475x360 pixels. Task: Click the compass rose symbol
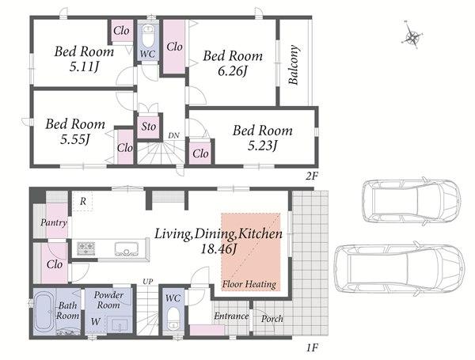[x=412, y=38]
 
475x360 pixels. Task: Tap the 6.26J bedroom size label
[x=232, y=71]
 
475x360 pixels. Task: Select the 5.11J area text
[x=84, y=67]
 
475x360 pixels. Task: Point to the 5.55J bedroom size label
[x=75, y=139]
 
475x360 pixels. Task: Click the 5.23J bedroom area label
[x=262, y=146]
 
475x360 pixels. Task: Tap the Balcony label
[x=293, y=65]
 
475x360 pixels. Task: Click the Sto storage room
[x=149, y=127]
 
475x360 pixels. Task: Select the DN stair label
[x=173, y=135]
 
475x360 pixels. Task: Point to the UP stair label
[x=148, y=282]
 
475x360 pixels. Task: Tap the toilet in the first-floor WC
[x=173, y=321]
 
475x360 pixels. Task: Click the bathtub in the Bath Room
[x=44, y=311]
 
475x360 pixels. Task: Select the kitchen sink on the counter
[x=127, y=248]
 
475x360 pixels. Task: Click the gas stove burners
[x=86, y=248]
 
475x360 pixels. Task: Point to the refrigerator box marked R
[x=82, y=201]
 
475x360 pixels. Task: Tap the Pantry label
[x=54, y=223]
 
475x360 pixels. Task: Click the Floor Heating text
[x=249, y=284]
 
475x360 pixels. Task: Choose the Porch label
[x=272, y=319]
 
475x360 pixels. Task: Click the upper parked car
[x=412, y=201]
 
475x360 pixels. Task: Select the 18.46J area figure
[x=218, y=248]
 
